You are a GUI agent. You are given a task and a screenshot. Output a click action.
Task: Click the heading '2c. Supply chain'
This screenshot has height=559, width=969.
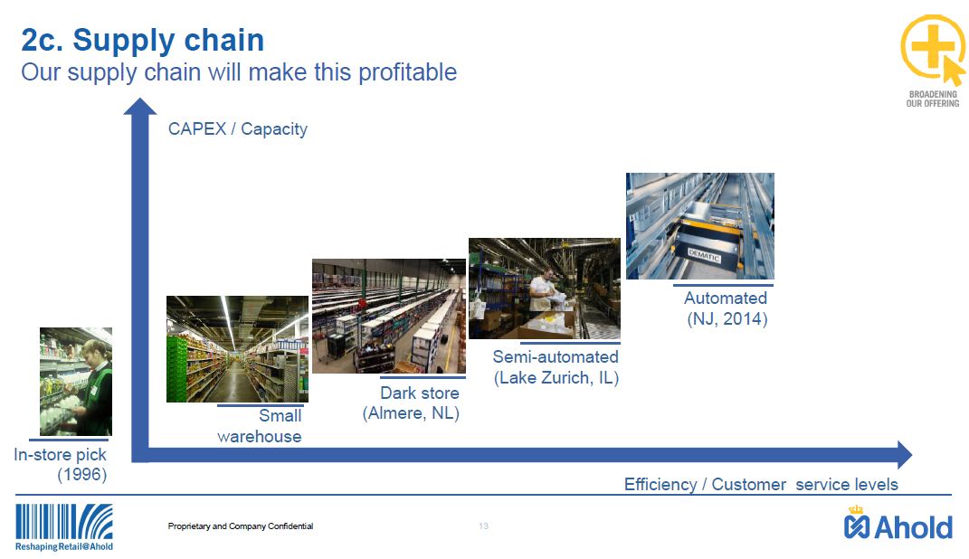143,41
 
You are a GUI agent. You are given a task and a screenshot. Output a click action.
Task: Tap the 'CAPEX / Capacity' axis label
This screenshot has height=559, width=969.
238,129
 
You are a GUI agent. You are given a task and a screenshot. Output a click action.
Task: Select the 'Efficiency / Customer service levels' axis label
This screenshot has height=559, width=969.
761,484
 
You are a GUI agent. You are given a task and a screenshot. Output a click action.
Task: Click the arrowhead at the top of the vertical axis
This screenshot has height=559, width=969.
140,106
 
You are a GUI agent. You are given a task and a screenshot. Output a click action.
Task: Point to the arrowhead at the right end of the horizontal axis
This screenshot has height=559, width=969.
905,455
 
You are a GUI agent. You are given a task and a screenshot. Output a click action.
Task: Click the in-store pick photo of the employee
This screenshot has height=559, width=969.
76,381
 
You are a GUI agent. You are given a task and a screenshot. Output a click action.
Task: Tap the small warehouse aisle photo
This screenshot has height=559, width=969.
237,349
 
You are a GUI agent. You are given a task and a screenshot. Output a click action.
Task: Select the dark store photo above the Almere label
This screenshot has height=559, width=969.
389,316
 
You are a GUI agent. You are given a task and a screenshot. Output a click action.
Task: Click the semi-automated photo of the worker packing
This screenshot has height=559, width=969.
545,289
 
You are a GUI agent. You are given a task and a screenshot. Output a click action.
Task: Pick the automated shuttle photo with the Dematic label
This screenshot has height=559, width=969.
700,226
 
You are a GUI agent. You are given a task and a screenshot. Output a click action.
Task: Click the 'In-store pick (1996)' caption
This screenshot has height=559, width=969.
61,465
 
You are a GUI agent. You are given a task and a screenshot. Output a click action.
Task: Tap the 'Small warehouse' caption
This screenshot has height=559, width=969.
260,425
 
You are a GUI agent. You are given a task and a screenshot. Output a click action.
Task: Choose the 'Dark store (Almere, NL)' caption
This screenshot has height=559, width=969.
411,403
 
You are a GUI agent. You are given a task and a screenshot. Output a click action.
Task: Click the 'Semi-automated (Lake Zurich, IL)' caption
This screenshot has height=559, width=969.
556,367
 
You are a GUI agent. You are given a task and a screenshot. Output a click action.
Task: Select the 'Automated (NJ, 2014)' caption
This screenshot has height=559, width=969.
727,308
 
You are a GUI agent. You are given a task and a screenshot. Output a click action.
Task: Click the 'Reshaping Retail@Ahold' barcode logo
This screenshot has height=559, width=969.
64,527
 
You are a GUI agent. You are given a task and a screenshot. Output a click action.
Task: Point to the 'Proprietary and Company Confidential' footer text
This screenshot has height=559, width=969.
241,526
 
